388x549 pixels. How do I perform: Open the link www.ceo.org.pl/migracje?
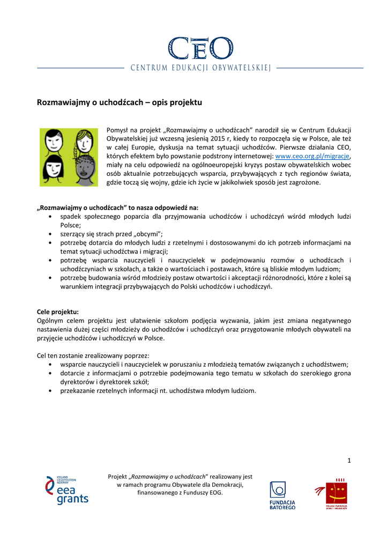pyautogui.click(x=312, y=156)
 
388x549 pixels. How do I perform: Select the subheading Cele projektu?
pyautogui.click(x=57, y=311)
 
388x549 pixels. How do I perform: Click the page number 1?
pyautogui.click(x=349, y=460)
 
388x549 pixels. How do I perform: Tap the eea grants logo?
pyautogui.click(x=67, y=490)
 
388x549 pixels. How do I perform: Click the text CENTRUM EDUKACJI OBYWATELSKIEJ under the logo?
pyautogui.click(x=201, y=68)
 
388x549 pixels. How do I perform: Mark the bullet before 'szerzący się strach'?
pyautogui.click(x=50, y=234)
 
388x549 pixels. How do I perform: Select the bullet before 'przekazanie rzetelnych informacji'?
pyautogui.click(x=50, y=391)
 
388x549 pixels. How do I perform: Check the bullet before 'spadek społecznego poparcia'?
pyautogui.click(x=50, y=217)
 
